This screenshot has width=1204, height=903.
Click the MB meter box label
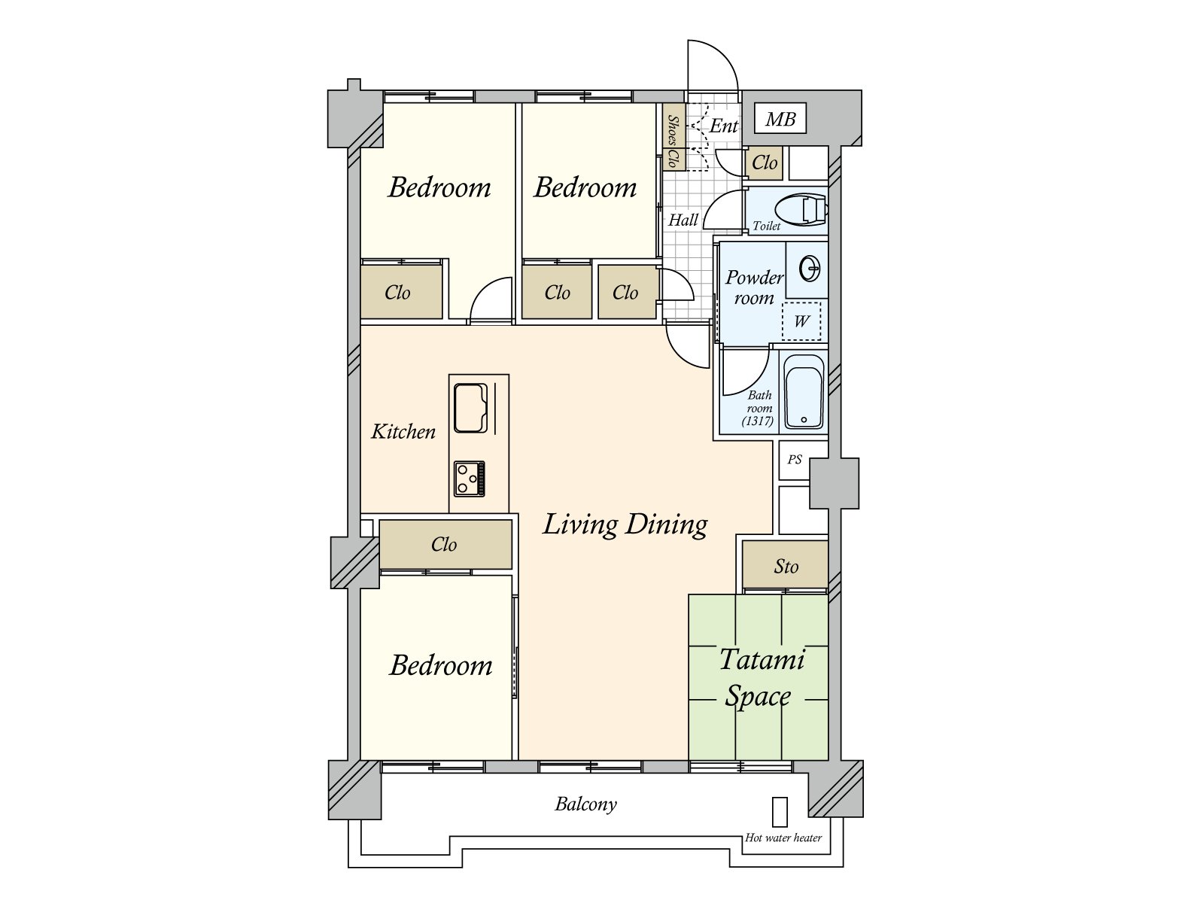coord(780,118)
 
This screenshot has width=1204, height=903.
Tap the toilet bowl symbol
coord(801,209)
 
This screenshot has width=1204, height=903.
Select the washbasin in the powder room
coord(810,269)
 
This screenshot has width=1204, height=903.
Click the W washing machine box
coord(801,321)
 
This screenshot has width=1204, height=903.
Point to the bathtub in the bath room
coord(804,391)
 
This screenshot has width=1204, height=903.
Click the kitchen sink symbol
coord(470,408)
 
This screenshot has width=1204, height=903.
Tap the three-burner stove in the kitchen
coord(470,479)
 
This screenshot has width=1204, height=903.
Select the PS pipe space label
coord(795,460)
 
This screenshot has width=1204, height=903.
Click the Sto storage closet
coord(785,564)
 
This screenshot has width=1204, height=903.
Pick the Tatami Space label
coord(762,678)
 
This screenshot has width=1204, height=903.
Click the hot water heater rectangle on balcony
coord(780,811)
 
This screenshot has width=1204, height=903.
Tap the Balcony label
coord(585,804)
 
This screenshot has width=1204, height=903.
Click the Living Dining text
coord(625,524)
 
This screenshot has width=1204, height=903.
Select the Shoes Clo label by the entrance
coord(673,141)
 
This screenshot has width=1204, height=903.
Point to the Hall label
coord(683,220)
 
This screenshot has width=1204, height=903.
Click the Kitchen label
coord(403,431)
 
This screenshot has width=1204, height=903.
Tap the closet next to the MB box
coord(764,163)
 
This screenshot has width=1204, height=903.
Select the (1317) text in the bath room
coord(758,421)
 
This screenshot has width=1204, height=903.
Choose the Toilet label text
coord(766,226)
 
